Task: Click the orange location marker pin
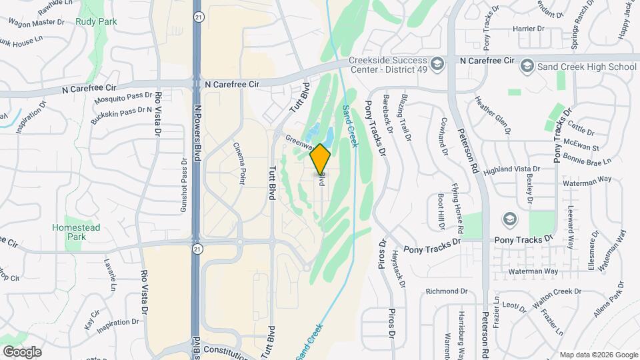321,159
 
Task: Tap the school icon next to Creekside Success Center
437,64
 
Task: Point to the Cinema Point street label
240,163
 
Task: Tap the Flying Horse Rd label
457,203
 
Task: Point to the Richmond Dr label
447,291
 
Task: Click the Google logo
22,351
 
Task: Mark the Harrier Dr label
529,29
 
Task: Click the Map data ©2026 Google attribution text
599,355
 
